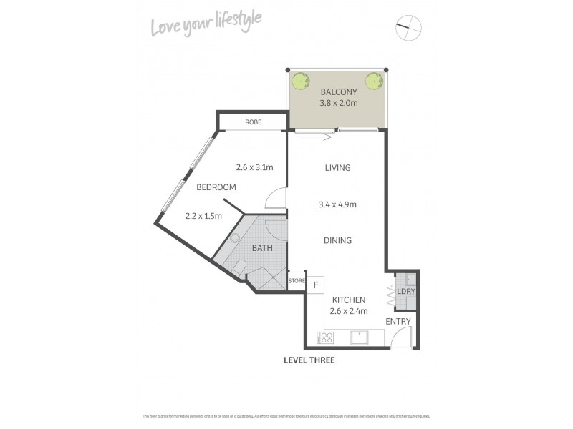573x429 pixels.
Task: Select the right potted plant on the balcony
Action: point(373,82)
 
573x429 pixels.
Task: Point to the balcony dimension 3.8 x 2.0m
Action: point(338,104)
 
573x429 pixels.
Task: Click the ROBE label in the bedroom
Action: point(253,122)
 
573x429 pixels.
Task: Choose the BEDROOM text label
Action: point(216,187)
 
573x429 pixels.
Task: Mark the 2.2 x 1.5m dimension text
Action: point(203,215)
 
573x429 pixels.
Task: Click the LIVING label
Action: point(337,168)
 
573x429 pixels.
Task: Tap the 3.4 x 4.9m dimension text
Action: point(337,205)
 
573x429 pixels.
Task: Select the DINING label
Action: point(337,241)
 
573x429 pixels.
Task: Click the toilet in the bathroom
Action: point(240,267)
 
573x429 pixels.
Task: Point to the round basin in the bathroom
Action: point(234,240)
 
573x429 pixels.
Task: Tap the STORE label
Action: point(297,281)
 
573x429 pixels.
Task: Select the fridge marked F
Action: point(315,285)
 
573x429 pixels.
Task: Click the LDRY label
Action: point(406,292)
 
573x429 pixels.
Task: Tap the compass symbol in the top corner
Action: point(409,28)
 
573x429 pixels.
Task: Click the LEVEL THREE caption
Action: point(309,360)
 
